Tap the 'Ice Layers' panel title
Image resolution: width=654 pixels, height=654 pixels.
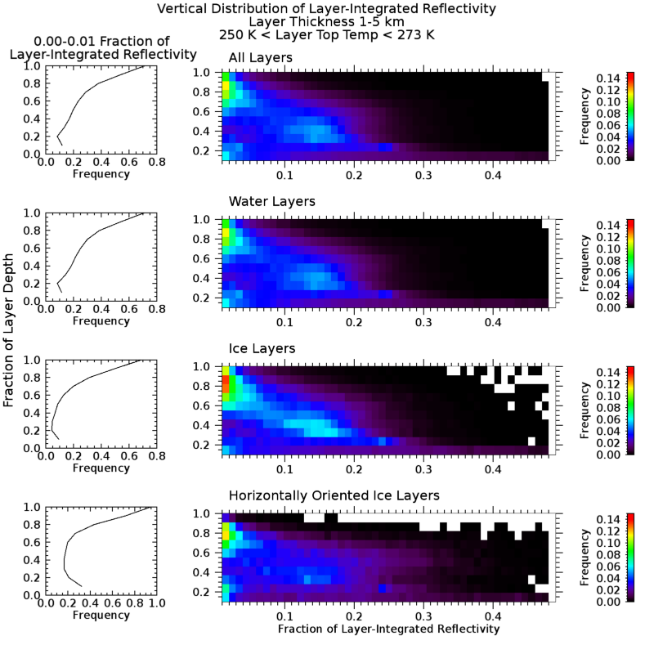262,348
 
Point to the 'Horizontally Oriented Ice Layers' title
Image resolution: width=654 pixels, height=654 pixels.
334,495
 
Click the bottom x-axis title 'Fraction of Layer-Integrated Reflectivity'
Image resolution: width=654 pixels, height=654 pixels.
388,629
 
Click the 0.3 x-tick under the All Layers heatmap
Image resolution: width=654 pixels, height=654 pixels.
423,175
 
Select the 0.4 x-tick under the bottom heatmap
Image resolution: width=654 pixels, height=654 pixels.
493,615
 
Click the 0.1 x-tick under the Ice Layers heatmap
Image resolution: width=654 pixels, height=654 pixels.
284,469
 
